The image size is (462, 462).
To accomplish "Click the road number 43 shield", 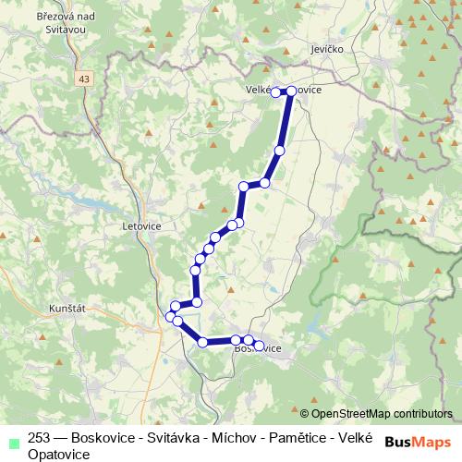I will pyautogui.click(x=85, y=79).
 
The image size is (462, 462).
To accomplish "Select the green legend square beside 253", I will pyautogui.click(x=14, y=441).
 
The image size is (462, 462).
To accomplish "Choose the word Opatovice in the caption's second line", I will pyautogui.click(x=58, y=455).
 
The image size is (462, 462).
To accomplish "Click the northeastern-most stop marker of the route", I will pyautogui.click(x=290, y=91).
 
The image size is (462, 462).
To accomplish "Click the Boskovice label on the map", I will pyautogui.click(x=258, y=348).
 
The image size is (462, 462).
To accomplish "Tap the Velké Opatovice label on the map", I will pyautogui.click(x=283, y=91).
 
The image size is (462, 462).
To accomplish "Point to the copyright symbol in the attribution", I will pyautogui.click(x=305, y=414).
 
